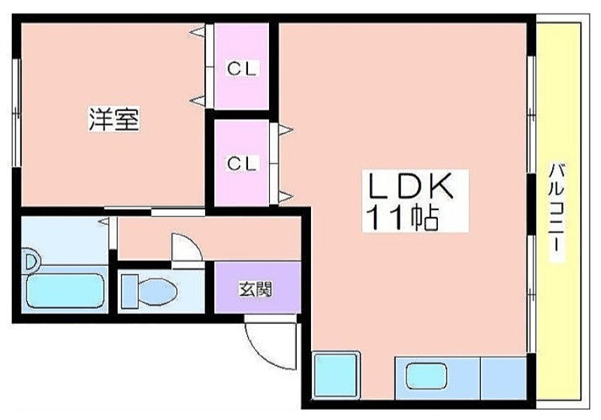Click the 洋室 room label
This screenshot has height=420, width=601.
(114, 120)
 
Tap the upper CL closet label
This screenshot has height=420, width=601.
(243, 69)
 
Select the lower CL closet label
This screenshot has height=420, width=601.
(243, 162)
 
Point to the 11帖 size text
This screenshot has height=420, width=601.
(403, 218)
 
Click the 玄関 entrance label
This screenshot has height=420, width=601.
(257, 288)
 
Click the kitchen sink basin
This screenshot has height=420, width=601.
(426, 373)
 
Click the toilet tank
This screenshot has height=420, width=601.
(127, 289)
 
